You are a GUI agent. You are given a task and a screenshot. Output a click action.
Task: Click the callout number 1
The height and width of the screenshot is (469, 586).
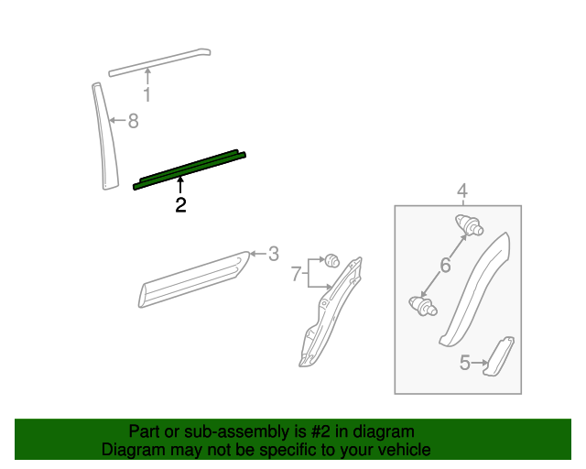click(x=146, y=94)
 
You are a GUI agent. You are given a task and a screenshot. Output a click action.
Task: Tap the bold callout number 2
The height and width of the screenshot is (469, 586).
click(x=180, y=205)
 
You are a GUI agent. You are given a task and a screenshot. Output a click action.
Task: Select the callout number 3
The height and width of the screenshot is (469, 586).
click(x=273, y=254)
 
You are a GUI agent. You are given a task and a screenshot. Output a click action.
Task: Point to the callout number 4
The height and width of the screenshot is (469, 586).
click(x=462, y=191)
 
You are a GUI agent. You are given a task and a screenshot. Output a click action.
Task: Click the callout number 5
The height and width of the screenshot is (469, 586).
click(x=465, y=364)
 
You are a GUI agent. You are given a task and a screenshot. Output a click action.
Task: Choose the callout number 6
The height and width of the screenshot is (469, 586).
click(x=446, y=266)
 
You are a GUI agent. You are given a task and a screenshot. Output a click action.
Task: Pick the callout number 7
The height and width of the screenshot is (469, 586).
click(x=296, y=273)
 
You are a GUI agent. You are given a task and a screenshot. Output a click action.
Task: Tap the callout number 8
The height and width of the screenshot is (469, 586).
click(x=133, y=121)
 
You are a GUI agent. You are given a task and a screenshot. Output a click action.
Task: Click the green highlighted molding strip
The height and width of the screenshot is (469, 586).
click(x=190, y=169)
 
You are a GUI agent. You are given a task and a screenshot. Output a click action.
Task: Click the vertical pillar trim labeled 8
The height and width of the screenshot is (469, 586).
click(x=104, y=137)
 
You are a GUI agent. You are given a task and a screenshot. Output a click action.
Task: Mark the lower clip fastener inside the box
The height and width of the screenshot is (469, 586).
click(x=422, y=306)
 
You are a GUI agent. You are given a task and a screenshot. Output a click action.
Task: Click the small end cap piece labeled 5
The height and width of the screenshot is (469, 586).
click(x=499, y=355)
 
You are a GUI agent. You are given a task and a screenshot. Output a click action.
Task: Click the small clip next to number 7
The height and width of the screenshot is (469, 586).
click(x=332, y=259)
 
